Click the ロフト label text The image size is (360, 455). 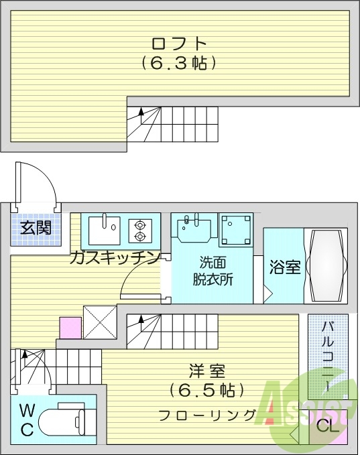pyautogui.click(x=179, y=44)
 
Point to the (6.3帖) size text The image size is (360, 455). pyautogui.click(x=179, y=64)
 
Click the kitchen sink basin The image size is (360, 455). pyautogui.click(x=104, y=229)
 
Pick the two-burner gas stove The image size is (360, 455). pyautogui.click(x=140, y=230)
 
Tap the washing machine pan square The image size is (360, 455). pyautogui.click(x=237, y=229)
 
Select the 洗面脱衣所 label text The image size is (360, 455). pyautogui.click(x=215, y=271)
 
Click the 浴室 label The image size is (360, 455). pyautogui.click(x=284, y=267)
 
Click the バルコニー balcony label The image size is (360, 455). pyautogui.click(x=328, y=355)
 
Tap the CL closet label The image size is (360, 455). pyautogui.click(x=326, y=426)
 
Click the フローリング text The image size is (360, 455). pyautogui.click(x=207, y=414)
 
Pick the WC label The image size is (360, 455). pyautogui.click(x=26, y=419)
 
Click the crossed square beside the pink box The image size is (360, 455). pyautogui.click(x=100, y=322)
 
